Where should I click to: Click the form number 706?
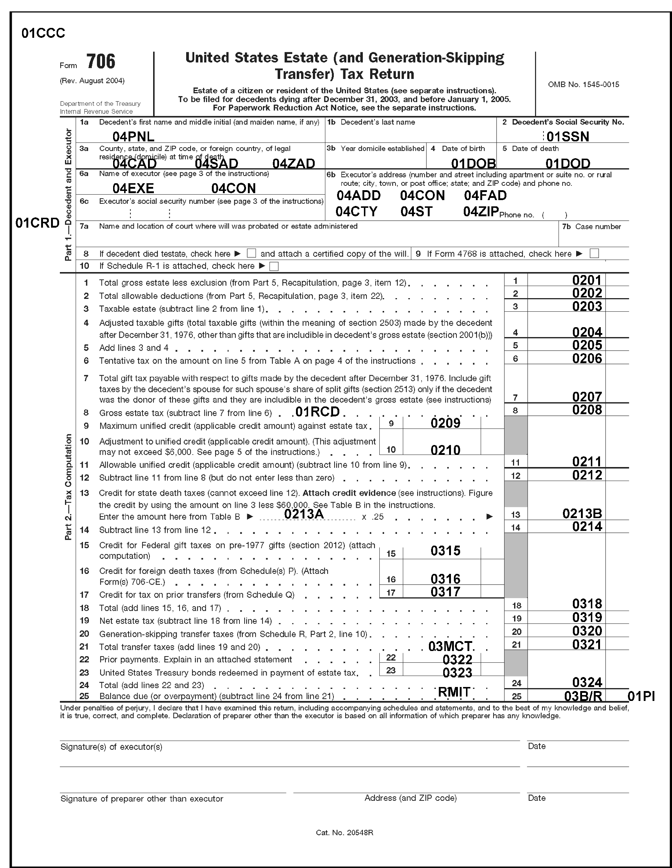pos(101,62)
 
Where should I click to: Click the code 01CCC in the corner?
pos(43,33)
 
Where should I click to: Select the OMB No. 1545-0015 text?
pos(584,84)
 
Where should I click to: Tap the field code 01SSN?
pos(567,137)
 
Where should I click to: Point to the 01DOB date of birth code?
pos(473,163)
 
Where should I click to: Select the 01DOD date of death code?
pos(567,163)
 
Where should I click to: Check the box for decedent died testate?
pos(251,253)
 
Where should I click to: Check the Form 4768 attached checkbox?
pos(594,253)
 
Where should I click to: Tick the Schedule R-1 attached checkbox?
pos(274,266)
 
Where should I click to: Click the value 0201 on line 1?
pos(587,280)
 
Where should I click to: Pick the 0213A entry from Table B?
pos(304,514)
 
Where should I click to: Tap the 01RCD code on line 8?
pos(318,412)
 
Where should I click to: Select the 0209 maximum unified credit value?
pos(445,423)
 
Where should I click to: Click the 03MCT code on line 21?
pos(450,646)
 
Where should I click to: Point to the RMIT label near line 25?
pos(454,692)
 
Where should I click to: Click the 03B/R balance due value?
pos(583,696)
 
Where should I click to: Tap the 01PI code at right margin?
pos(641,696)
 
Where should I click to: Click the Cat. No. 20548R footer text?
pos(344,833)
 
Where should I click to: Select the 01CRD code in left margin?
pos(37,223)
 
